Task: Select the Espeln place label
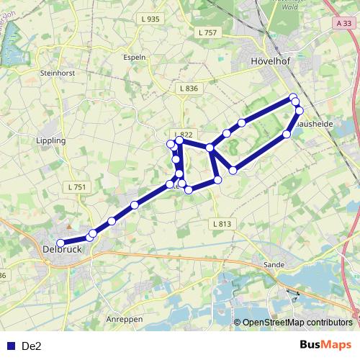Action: point(135,57)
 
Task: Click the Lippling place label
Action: point(50,141)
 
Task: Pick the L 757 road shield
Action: point(207,32)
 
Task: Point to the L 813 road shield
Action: point(222,224)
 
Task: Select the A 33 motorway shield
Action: point(343,24)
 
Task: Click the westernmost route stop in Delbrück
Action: point(61,243)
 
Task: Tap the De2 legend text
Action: point(32,346)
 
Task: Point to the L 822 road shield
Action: point(185,135)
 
